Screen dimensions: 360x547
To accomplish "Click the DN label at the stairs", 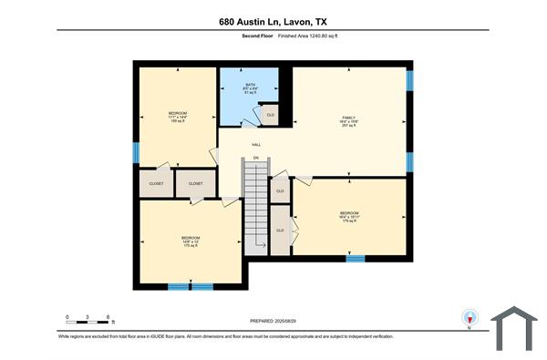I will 256,159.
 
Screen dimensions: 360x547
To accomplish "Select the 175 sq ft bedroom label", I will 191,242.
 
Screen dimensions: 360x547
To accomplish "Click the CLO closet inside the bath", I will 269,115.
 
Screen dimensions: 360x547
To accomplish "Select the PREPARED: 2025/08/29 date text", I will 273,321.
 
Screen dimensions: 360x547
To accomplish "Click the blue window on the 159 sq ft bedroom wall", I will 136,149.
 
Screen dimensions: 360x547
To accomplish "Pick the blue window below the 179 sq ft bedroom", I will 356,258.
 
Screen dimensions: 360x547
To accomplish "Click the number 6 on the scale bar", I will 110,316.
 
